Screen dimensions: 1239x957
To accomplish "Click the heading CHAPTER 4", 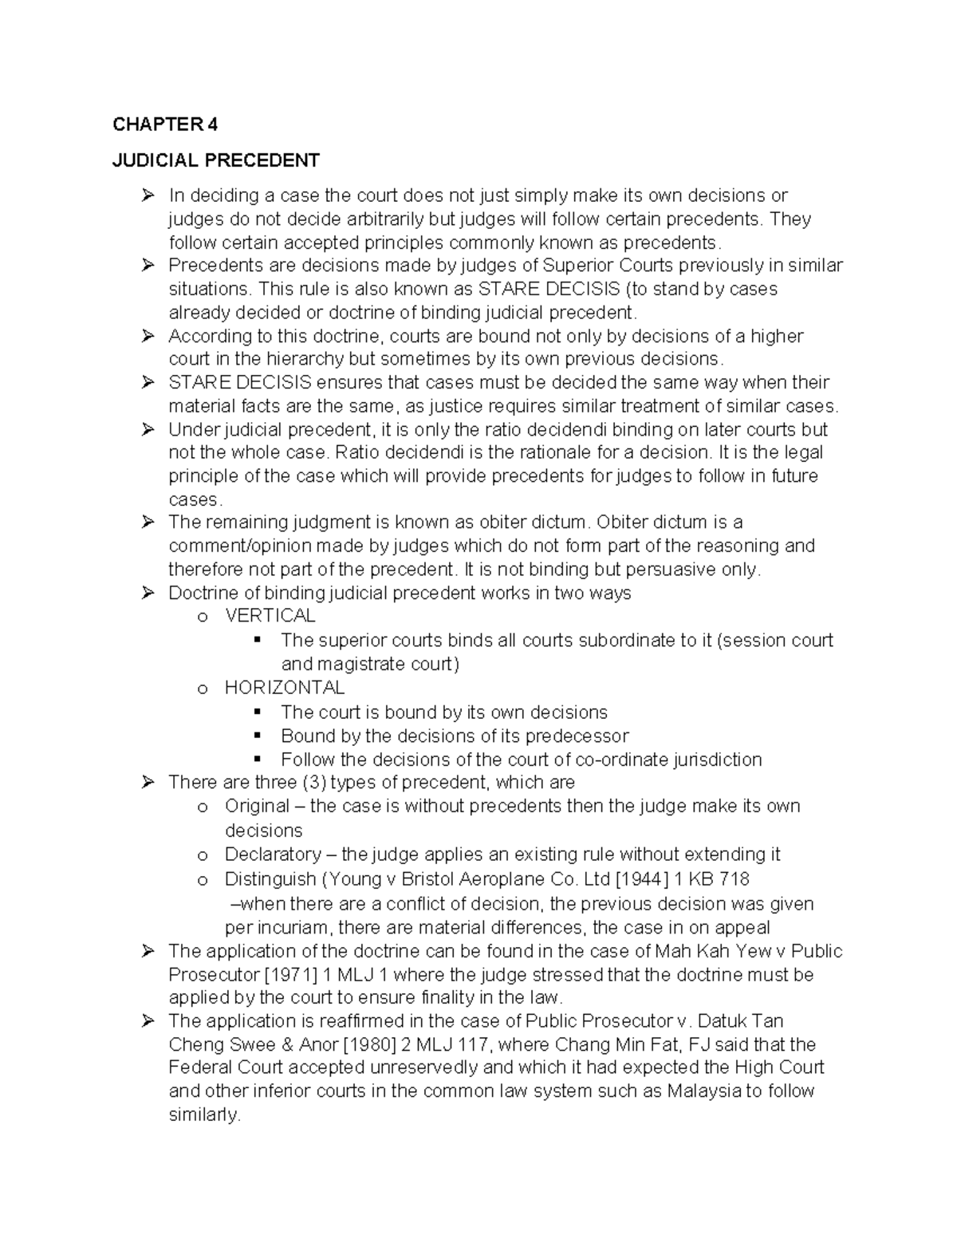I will [x=164, y=124].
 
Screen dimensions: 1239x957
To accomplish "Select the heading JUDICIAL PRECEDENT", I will [x=215, y=160].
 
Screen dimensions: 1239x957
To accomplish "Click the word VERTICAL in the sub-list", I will [x=270, y=616].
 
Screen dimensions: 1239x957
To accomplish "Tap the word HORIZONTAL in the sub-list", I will [x=285, y=688].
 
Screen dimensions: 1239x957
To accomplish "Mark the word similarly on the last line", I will [x=203, y=1115].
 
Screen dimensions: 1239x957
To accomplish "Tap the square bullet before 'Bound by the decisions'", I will [x=257, y=736].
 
